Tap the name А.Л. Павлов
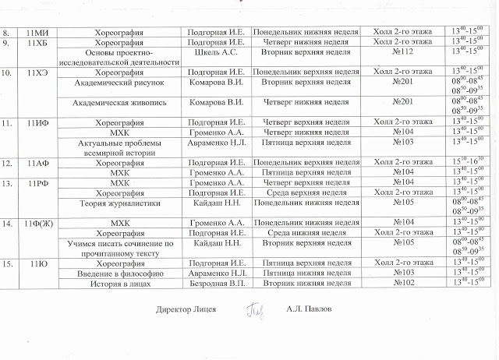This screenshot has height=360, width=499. pyautogui.click(x=310, y=309)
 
